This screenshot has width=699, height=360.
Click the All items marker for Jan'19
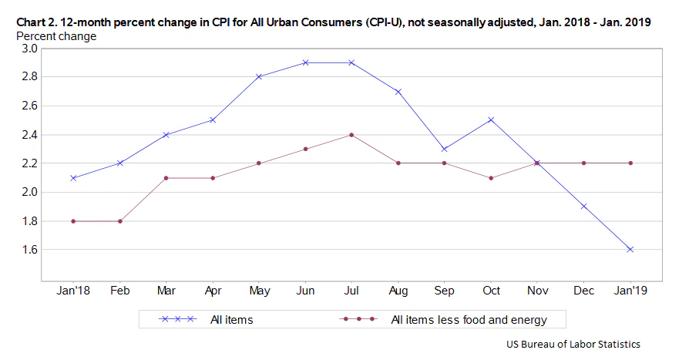click(630, 250)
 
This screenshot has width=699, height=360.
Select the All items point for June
click(305, 62)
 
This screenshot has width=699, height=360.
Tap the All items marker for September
click(445, 149)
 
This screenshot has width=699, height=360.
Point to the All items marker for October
click(491, 120)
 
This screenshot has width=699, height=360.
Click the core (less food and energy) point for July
click(351, 135)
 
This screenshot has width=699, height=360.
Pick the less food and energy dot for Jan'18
click(73, 221)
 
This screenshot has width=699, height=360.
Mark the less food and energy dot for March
click(166, 178)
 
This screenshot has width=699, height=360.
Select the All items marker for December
click(584, 207)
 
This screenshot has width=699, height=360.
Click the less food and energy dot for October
click(491, 178)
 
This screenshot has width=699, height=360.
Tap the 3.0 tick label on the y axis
click(29, 49)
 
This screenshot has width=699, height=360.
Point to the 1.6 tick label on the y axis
click(29, 250)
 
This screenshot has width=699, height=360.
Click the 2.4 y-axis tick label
click(29, 135)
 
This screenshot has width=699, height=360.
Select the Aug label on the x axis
click(398, 291)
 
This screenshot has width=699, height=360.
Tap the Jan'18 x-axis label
click(73, 291)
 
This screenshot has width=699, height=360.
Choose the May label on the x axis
click(259, 291)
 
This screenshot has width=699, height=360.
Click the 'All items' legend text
click(231, 319)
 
